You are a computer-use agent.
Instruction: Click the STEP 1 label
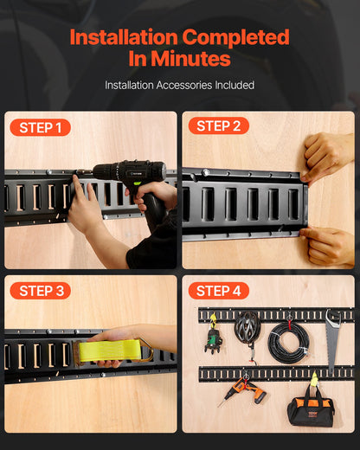(40, 128)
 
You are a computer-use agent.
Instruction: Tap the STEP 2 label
(218, 126)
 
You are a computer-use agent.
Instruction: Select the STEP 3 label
(40, 291)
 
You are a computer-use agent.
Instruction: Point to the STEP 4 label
(218, 291)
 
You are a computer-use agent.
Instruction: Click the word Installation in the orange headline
(120, 38)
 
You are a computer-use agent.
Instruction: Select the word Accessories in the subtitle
(182, 86)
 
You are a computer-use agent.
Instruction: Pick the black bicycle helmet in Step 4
(247, 330)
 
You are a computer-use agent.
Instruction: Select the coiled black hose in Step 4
(286, 343)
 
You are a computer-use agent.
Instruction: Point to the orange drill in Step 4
(245, 392)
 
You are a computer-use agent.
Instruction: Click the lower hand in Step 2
(327, 246)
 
